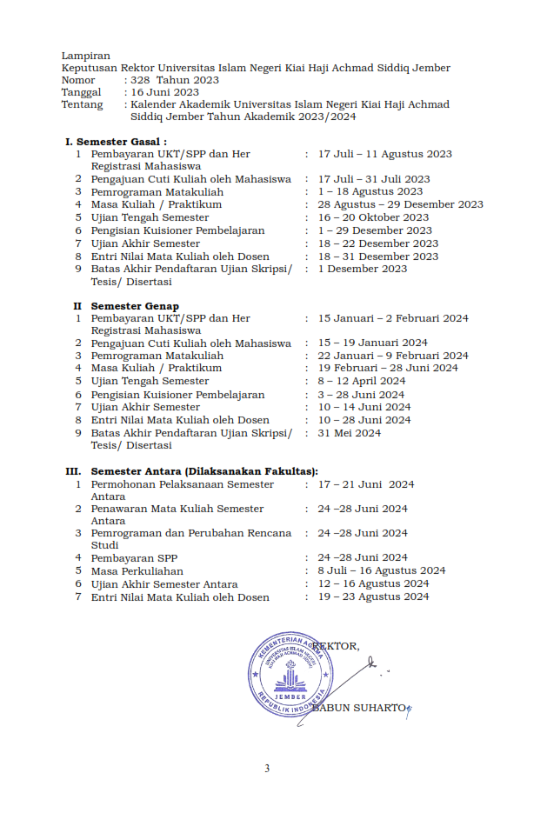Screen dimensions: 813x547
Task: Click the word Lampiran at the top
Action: pyautogui.click(x=85, y=56)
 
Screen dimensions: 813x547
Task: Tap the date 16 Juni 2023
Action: pyautogui.click(x=164, y=92)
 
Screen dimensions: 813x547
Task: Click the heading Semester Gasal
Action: pyautogui.click(x=121, y=142)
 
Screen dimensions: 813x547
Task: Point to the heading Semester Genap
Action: pyautogui.click(x=135, y=306)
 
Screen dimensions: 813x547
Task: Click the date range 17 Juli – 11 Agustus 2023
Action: pyautogui.click(x=384, y=154)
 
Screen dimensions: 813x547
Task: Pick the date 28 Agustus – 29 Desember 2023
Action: pyautogui.click(x=400, y=204)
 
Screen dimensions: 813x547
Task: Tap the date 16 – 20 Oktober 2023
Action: pyautogui.click(x=373, y=217)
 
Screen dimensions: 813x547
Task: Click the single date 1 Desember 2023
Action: pyautogui.click(x=362, y=269)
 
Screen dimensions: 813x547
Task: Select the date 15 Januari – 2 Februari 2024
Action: pyautogui.click(x=392, y=318)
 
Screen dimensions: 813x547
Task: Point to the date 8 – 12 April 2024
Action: pyautogui.click(x=361, y=381)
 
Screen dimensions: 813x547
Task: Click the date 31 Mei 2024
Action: pyautogui.click(x=349, y=432)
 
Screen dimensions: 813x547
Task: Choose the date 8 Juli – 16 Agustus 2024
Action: pyautogui.click(x=381, y=570)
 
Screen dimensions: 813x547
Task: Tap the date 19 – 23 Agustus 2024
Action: pyautogui.click(x=373, y=596)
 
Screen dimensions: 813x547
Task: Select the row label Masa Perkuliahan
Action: pyautogui.click(x=137, y=570)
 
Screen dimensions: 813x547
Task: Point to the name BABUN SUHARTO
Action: pyautogui.click(x=359, y=708)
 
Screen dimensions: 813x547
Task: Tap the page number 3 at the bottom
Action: pyautogui.click(x=267, y=768)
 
